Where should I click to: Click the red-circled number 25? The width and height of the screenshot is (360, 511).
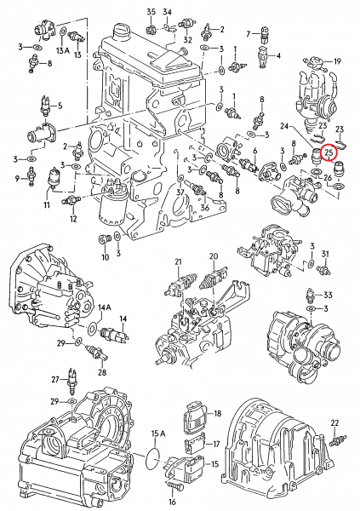(x=329, y=152)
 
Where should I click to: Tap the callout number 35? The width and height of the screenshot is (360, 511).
(x=151, y=12)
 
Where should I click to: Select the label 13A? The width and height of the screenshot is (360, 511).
(x=62, y=50)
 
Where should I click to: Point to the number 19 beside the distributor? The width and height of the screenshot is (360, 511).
(x=337, y=61)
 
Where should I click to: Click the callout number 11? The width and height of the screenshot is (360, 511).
(x=47, y=205)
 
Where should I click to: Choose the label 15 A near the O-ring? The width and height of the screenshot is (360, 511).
(x=158, y=433)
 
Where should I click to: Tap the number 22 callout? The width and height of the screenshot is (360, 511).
(x=334, y=423)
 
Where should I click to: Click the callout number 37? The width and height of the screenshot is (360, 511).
(x=180, y=192)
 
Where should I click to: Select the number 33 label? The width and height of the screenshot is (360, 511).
(x=328, y=295)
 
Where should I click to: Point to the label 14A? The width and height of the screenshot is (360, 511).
(x=105, y=307)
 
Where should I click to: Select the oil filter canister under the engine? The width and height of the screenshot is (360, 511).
(x=110, y=208)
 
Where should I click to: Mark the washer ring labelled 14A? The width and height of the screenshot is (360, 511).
(x=93, y=329)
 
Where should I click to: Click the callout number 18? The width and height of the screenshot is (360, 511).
(x=218, y=414)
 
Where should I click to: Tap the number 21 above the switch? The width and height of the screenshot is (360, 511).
(x=178, y=261)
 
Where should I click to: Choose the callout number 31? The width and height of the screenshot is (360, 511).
(x=325, y=254)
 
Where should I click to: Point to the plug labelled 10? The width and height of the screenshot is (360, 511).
(x=105, y=239)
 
